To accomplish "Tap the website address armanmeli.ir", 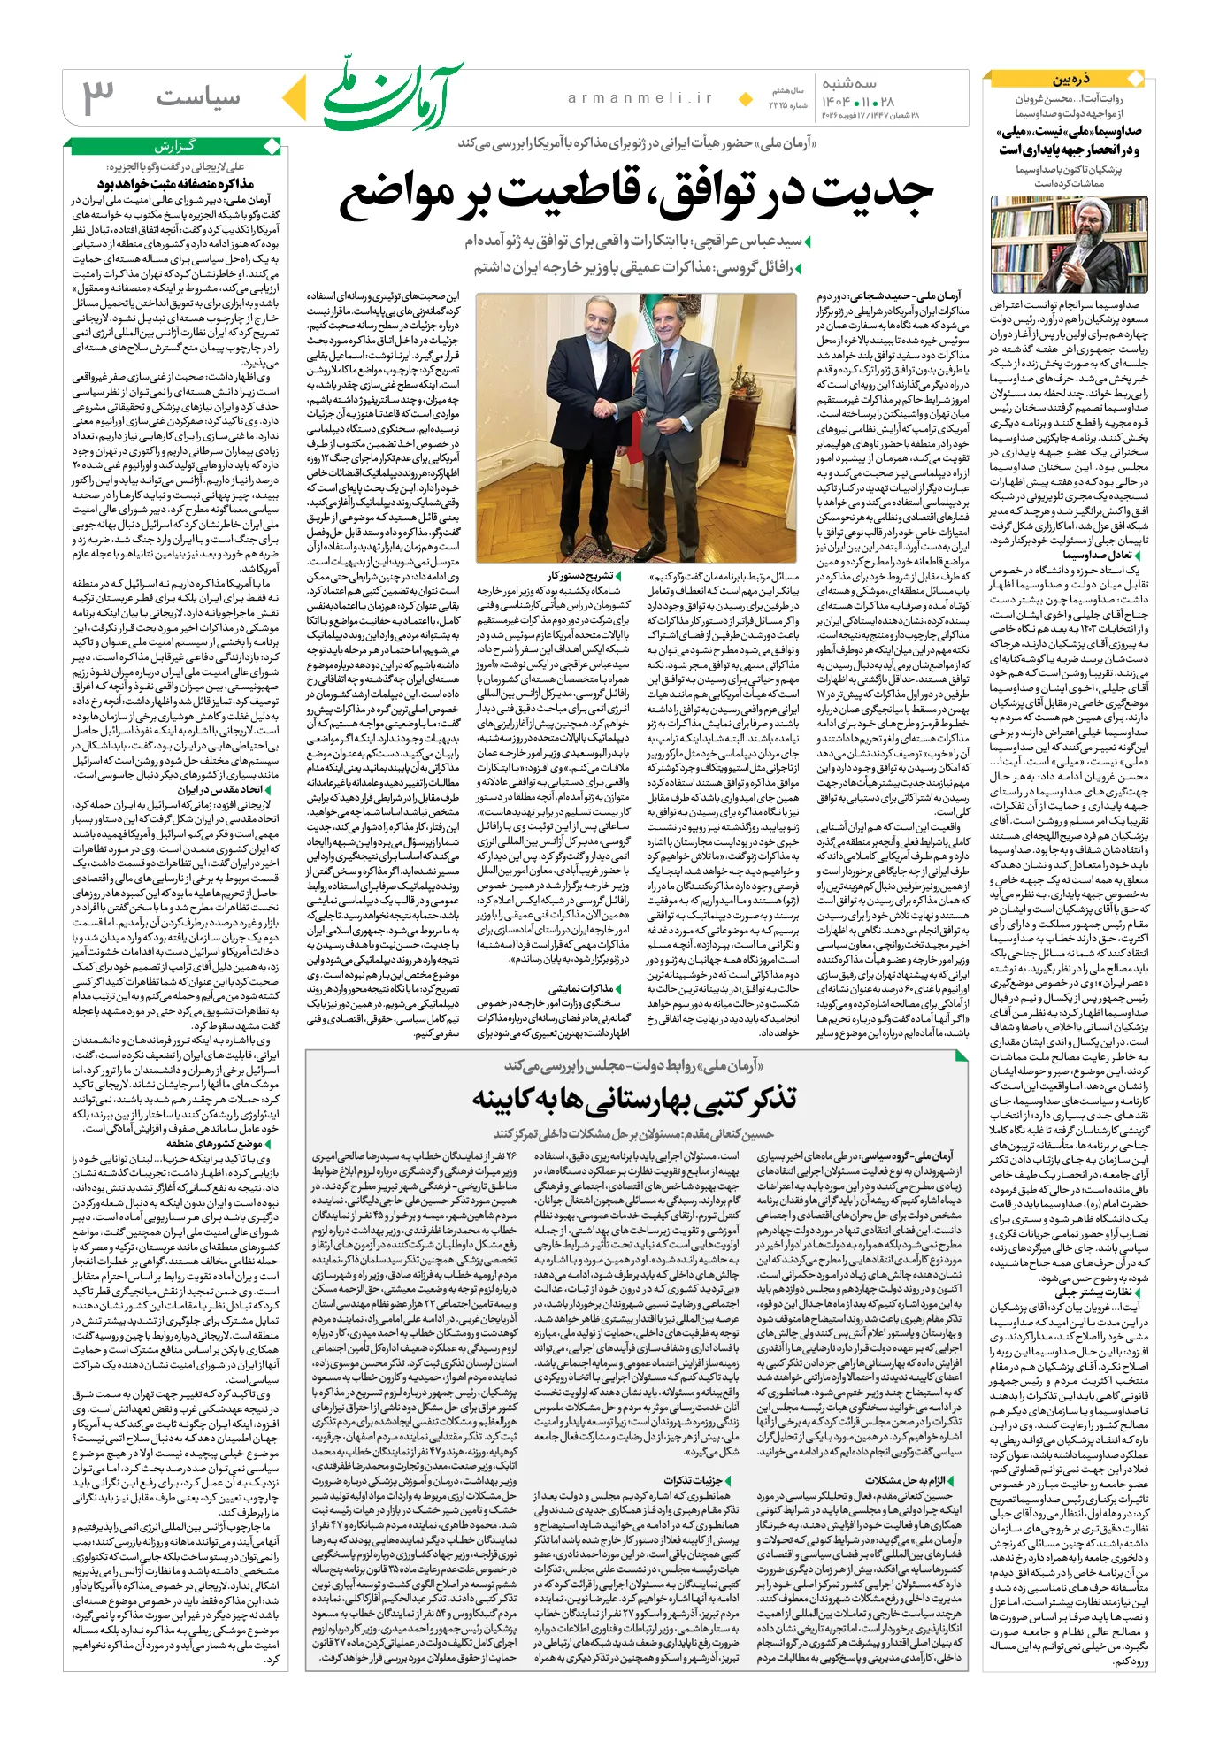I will coord(640,98).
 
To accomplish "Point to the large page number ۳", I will coord(99,97).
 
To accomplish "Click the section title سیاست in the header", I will coord(198,97).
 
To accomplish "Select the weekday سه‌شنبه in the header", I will coord(849,83).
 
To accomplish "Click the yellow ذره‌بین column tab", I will coord(1070,79).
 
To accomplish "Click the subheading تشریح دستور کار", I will coord(580,576).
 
